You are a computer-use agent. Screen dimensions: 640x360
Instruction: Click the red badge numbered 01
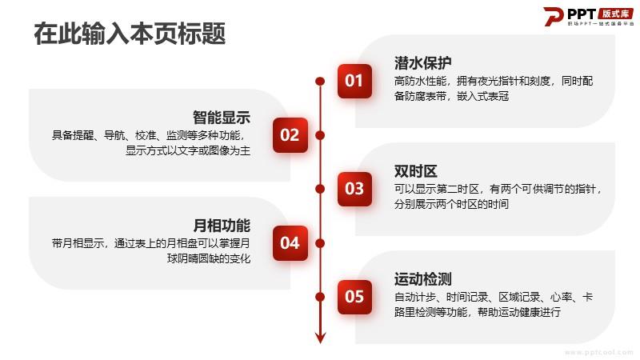pos(354,81)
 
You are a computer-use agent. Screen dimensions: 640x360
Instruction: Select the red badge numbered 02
pos(290,135)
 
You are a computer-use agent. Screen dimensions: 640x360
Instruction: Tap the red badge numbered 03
pos(354,189)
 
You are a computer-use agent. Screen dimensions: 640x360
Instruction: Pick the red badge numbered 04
pos(290,243)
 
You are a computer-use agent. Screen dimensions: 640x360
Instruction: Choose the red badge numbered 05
pos(354,297)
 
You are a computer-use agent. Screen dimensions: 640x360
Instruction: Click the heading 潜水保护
pos(422,63)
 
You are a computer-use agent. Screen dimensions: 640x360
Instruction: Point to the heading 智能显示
pos(222,118)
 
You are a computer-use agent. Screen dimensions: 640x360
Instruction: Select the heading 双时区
pos(415,171)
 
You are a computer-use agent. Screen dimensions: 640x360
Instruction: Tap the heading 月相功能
pos(222,226)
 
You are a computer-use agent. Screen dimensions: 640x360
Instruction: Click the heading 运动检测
pos(422,279)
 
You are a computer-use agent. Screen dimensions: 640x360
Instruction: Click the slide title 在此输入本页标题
pos(130,34)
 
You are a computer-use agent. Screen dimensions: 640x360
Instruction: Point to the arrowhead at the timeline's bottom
pos(321,338)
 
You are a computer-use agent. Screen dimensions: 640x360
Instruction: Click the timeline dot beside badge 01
pos(320,82)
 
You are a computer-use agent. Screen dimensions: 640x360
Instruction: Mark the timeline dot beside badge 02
pos(320,135)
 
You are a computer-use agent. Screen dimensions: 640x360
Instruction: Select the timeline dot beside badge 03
pos(320,189)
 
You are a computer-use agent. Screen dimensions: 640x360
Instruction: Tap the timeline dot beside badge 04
pos(320,243)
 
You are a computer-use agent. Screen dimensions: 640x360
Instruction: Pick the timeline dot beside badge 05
pos(320,297)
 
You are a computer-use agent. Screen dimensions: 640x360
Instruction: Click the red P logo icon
pos(554,16)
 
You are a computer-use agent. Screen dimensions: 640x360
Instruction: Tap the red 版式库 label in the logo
pos(615,14)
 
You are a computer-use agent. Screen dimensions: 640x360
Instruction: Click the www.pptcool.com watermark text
pos(598,352)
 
